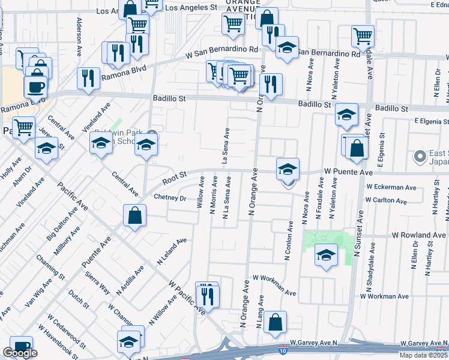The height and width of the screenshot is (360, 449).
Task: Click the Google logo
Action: (20, 353)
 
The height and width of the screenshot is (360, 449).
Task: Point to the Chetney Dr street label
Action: (170, 197)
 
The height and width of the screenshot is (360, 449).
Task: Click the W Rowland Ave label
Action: (420, 235)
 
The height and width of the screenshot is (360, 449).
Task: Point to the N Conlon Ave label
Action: (288, 241)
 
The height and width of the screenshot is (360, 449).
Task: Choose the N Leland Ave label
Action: (172, 251)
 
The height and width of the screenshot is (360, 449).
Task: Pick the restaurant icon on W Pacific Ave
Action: (208, 295)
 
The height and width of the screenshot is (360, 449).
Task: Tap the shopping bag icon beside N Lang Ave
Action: (275, 322)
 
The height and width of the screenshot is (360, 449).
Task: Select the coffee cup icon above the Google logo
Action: (22, 346)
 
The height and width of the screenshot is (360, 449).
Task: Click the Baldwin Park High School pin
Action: (152, 134)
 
